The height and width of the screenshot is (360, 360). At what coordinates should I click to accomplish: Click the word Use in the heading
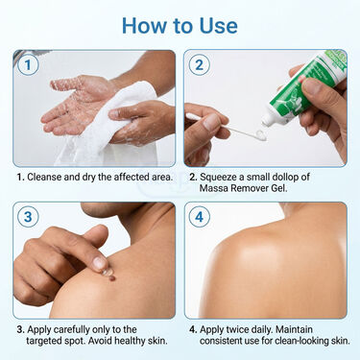[218, 26]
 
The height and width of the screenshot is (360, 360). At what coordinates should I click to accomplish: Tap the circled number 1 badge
[28, 65]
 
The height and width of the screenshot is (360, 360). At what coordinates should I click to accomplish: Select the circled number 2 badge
[199, 65]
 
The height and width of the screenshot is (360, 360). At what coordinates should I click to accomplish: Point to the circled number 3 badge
[28, 217]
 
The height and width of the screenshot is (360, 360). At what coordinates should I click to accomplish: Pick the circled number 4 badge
[199, 217]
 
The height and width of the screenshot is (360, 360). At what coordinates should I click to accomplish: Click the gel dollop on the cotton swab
[260, 135]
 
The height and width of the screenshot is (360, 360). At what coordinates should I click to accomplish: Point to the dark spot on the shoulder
[111, 277]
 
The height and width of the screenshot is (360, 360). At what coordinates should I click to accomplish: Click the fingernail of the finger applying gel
[99, 263]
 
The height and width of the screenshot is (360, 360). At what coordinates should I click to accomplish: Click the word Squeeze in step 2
[219, 177]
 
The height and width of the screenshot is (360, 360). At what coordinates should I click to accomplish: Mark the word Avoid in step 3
[100, 341]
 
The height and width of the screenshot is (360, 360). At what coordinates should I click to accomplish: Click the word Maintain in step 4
[294, 329]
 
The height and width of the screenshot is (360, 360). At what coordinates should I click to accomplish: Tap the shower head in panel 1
[27, 56]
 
